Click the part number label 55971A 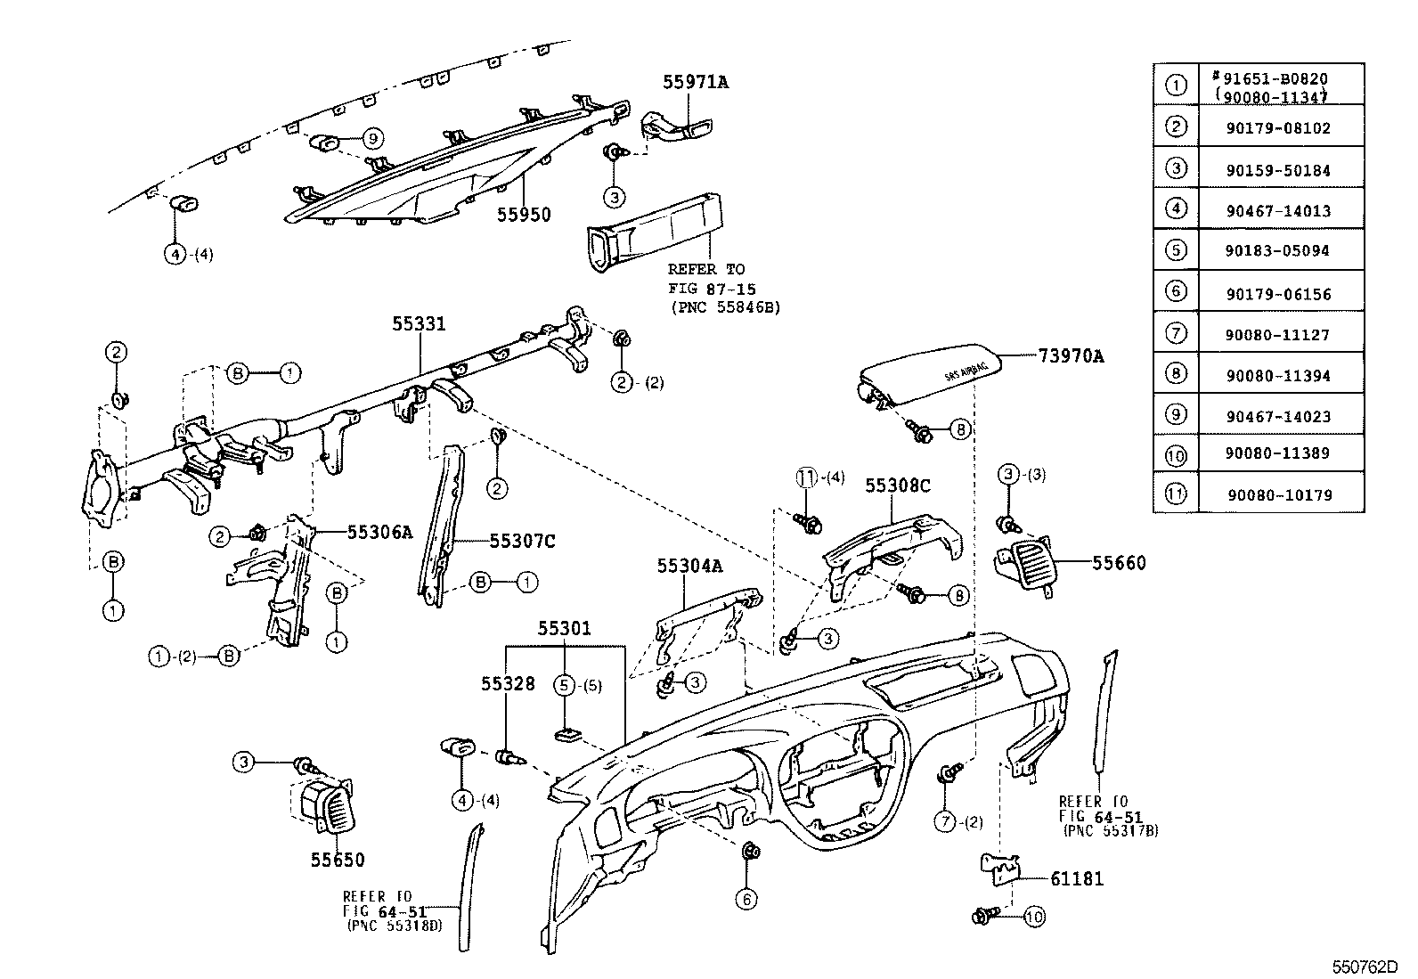(696, 82)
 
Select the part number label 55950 (524, 215)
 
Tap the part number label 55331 (419, 325)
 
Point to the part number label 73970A (1071, 356)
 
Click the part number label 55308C (898, 485)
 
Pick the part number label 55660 (1120, 563)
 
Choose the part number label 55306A (379, 533)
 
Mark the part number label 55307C (522, 541)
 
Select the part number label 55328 (509, 683)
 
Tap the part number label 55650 (338, 860)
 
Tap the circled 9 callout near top (373, 138)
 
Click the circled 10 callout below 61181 (1034, 917)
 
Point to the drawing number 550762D (1365, 967)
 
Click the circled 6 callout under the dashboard (746, 900)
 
